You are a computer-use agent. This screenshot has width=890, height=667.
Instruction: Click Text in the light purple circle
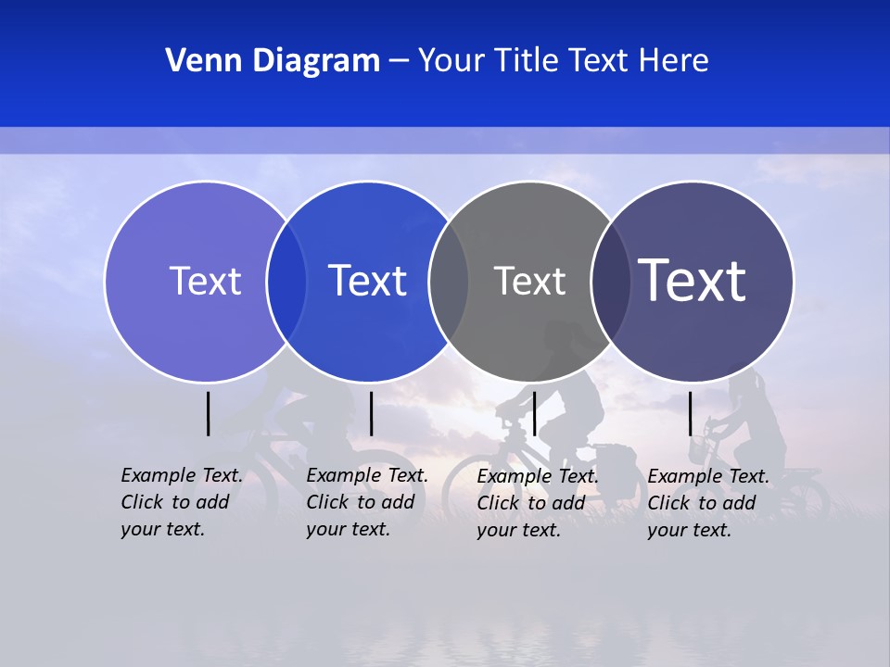point(205,281)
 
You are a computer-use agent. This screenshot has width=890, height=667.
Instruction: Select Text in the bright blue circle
point(367,281)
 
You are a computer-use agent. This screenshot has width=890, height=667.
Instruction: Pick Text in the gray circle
point(529,281)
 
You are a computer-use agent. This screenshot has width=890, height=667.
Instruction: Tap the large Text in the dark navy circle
point(693,281)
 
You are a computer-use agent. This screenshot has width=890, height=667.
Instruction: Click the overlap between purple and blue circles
point(286,282)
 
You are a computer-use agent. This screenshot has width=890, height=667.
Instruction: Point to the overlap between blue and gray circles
point(449,282)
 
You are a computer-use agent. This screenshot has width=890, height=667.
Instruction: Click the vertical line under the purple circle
point(208,413)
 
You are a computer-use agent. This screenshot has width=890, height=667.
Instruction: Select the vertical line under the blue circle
point(371,413)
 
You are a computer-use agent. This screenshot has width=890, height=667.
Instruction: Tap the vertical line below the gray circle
point(534,413)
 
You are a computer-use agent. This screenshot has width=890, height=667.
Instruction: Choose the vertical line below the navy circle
point(690,413)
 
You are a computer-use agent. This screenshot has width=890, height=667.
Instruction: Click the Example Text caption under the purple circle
point(181,502)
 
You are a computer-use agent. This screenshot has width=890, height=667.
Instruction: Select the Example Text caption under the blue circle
point(366,502)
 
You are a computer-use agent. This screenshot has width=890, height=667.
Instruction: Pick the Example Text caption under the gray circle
point(537,503)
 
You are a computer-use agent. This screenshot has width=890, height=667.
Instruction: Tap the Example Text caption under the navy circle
point(707,503)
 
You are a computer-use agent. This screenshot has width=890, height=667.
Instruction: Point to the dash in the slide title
point(399,62)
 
